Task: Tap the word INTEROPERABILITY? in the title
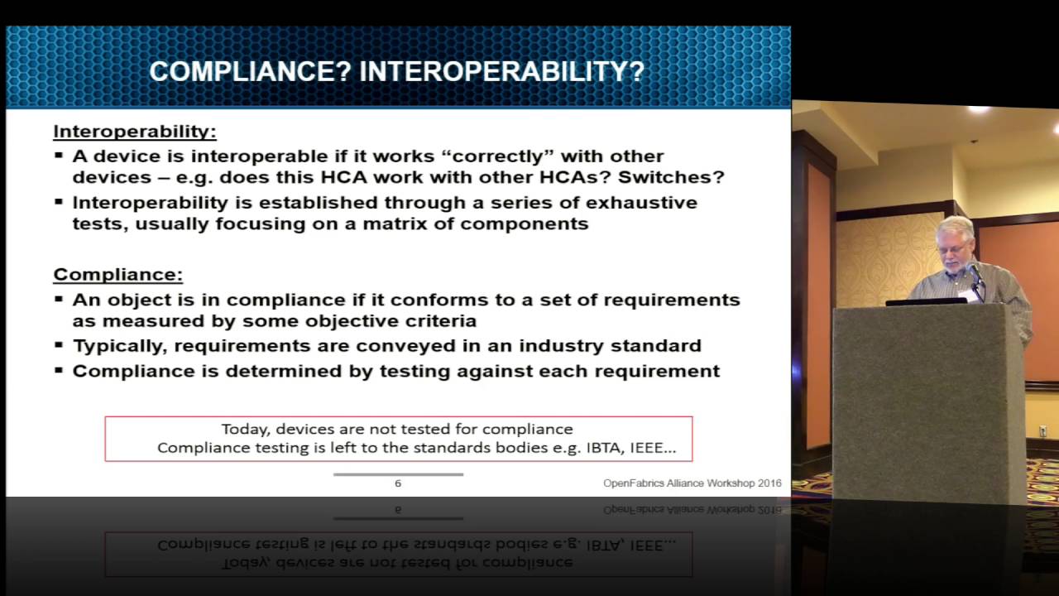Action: point(501,72)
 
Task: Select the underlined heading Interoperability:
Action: point(135,132)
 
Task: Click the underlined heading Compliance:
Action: point(117,275)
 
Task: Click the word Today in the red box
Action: point(244,429)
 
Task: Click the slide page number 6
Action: point(398,483)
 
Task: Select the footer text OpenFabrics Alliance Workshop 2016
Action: point(692,483)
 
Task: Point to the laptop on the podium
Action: point(926,301)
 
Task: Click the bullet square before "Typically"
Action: point(59,346)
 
